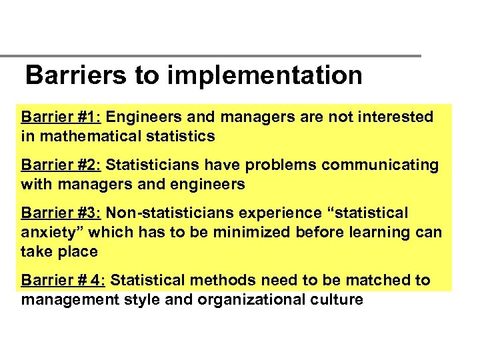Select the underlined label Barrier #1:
61,117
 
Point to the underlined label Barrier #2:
61,165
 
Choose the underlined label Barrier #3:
61,213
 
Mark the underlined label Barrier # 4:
63,280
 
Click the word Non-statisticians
179,213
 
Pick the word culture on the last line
337,299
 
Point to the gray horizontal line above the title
211,55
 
